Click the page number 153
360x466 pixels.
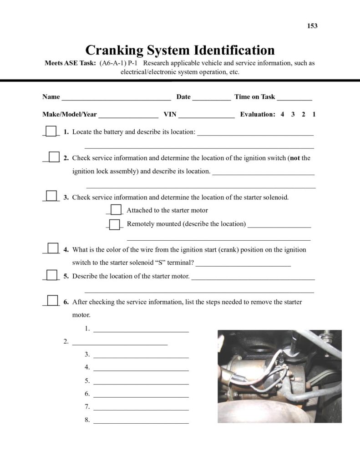tap(312, 26)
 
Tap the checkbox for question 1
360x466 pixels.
tap(51, 131)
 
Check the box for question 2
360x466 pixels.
tap(54, 157)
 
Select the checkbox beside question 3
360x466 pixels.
tap(51, 196)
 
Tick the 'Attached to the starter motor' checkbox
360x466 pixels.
tap(117, 209)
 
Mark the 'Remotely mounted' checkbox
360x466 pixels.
tap(115, 224)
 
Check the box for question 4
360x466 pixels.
tap(53, 248)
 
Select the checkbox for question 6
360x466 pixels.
tap(53, 300)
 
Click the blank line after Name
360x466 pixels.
tap(116, 98)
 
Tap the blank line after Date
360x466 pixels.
tap(212, 98)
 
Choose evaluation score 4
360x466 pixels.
tap(282, 115)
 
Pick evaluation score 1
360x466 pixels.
tap(314, 115)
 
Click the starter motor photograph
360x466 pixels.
tap(279, 376)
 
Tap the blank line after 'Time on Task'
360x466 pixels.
tap(294, 98)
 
